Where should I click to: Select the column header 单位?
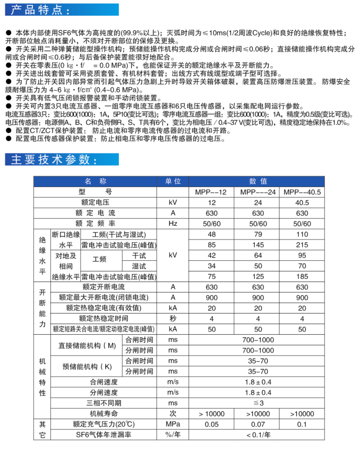tap(173, 181)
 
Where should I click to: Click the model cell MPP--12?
tap(212, 192)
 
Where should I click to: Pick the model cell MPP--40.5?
tap(302, 192)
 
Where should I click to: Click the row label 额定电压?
tap(95, 202)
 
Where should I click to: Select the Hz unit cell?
tap(173, 224)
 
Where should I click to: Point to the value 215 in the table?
tap(302, 245)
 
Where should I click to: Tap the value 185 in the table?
tap(302, 276)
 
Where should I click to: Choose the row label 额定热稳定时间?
tap(104, 318)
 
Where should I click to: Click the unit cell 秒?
tap(173, 318)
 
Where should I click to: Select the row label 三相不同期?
tap(104, 403)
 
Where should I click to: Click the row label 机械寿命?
tap(104, 413)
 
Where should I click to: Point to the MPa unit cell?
tap(173, 424)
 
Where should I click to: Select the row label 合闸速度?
tap(104, 381)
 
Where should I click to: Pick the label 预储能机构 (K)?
tap(87, 366)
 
